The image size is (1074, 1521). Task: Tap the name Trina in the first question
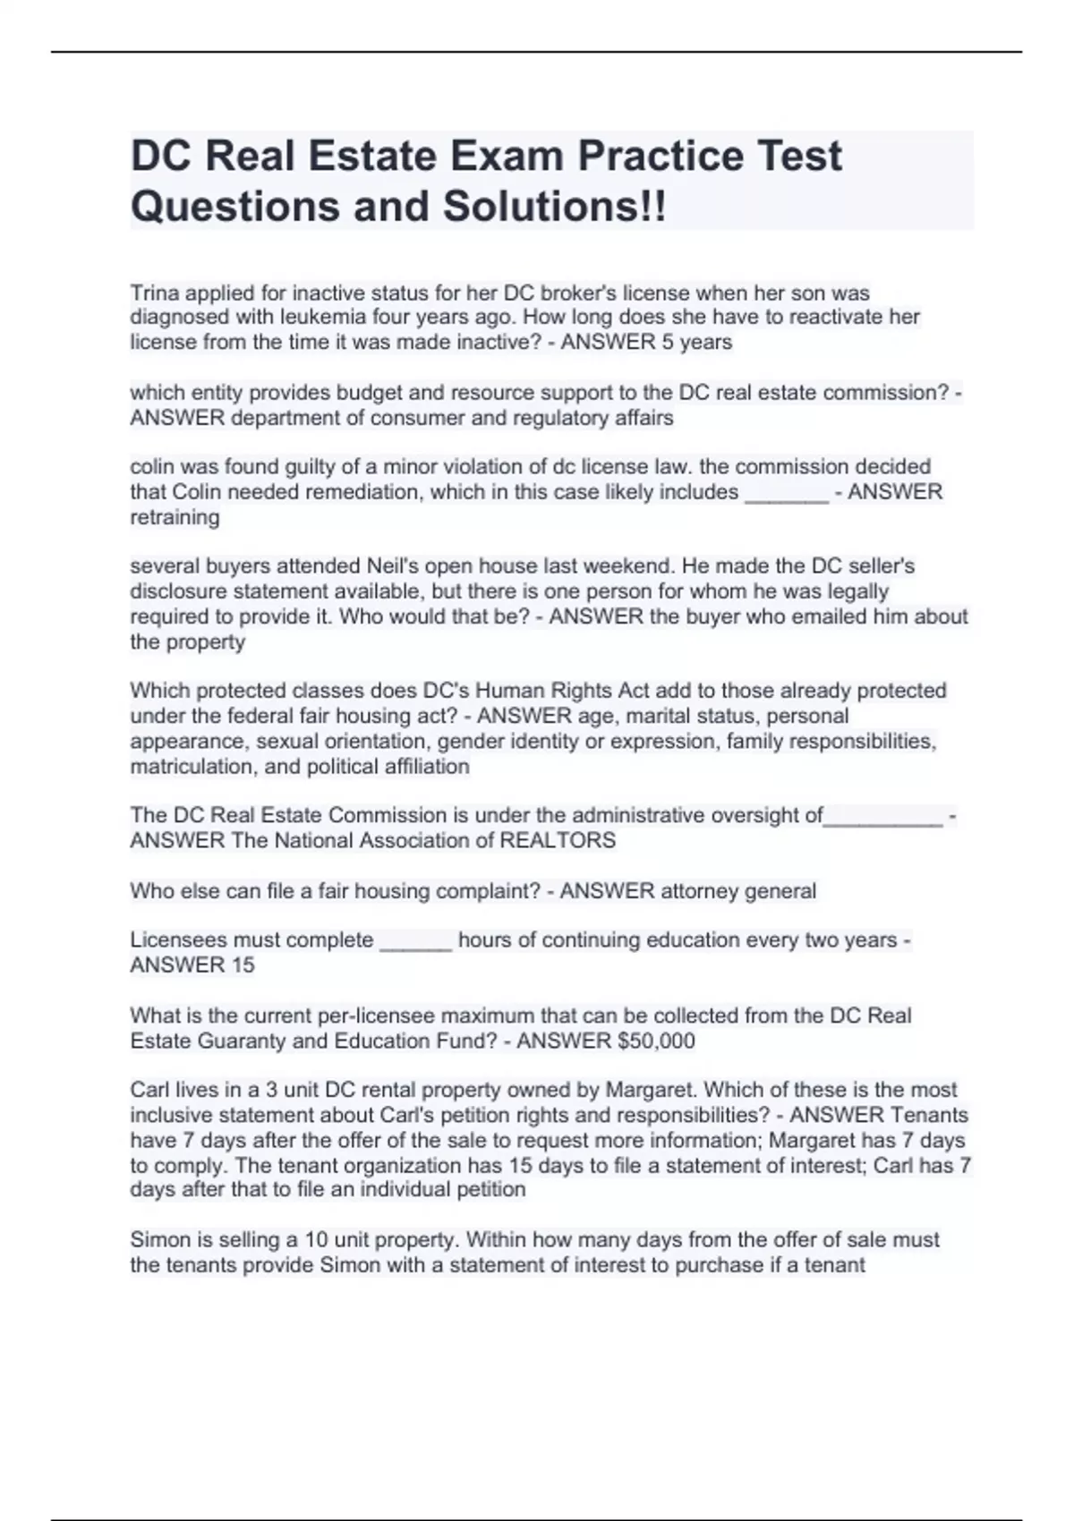pyautogui.click(x=155, y=293)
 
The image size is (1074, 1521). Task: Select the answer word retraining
pyautogui.click(x=175, y=517)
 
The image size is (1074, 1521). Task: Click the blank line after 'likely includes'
pyautogui.click(x=787, y=492)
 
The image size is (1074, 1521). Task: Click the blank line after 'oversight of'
pyautogui.click(x=883, y=815)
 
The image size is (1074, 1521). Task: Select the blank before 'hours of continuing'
pyautogui.click(x=416, y=940)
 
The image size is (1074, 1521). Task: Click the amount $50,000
pyautogui.click(x=650, y=1041)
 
